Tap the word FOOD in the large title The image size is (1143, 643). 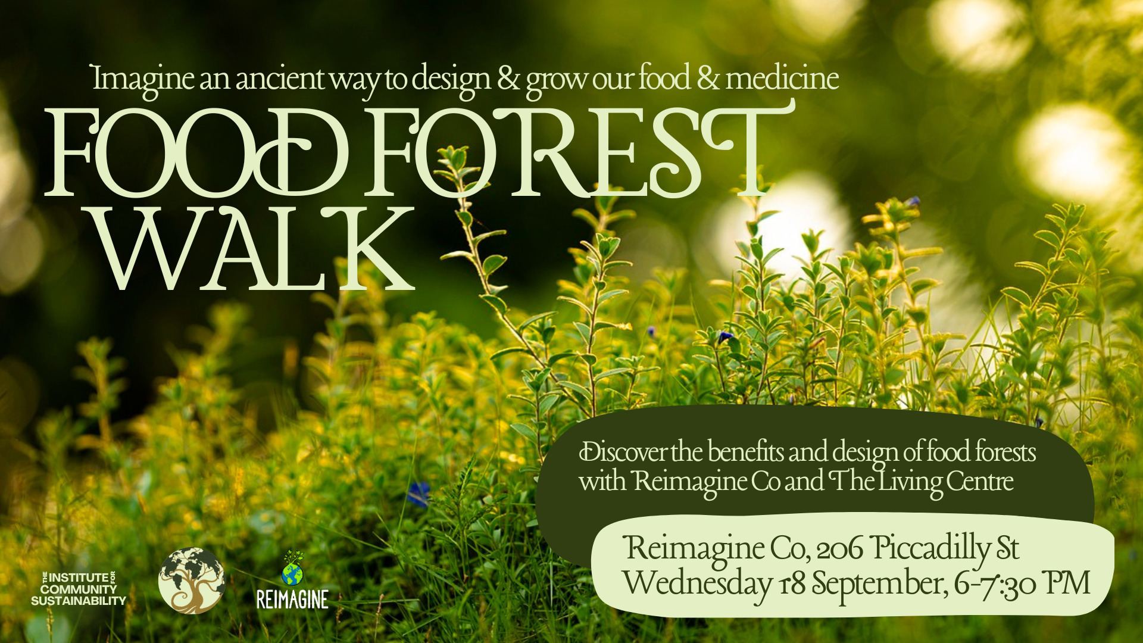(196, 153)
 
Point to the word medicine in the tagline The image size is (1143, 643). (782, 78)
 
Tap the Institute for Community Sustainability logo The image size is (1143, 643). (79, 589)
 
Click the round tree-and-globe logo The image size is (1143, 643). (192, 580)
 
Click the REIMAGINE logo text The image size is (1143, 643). (292, 600)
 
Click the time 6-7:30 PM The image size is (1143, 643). (1022, 583)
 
